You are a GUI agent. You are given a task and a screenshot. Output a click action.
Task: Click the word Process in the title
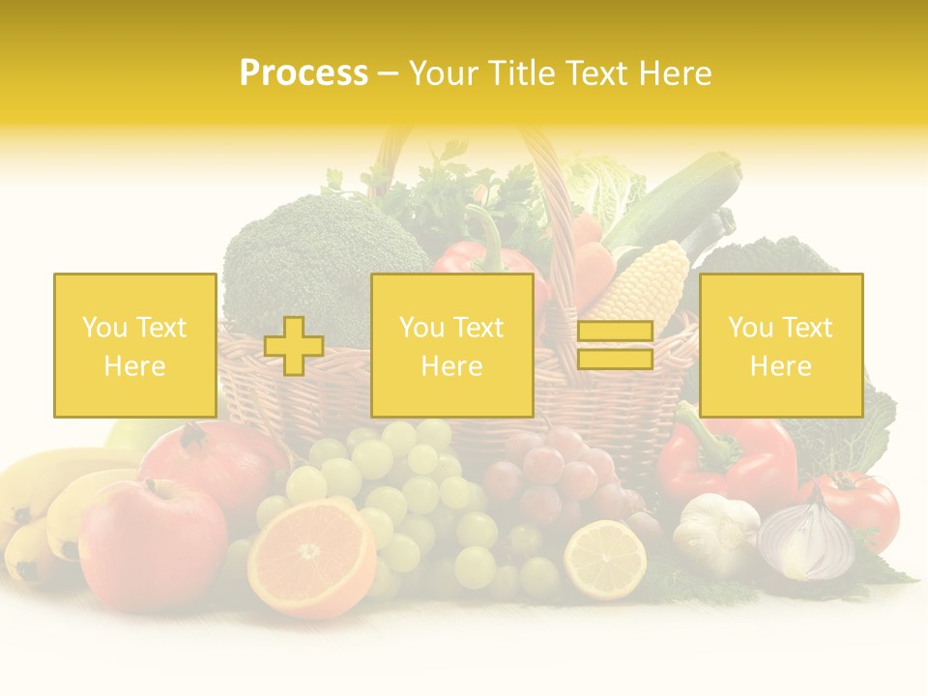(x=304, y=73)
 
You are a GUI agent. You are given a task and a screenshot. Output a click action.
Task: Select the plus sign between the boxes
(x=294, y=346)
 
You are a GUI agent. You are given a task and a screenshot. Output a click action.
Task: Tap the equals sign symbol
(x=615, y=345)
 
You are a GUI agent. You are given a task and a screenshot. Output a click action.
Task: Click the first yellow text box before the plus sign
(x=134, y=345)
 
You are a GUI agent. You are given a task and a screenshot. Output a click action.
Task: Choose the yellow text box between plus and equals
(x=451, y=345)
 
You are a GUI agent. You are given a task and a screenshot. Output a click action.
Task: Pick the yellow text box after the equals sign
(x=780, y=345)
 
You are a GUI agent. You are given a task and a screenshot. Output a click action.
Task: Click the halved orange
(x=310, y=558)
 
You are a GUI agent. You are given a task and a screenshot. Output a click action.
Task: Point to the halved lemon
(x=605, y=560)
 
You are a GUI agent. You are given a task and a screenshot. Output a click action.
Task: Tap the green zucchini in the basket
(x=673, y=207)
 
